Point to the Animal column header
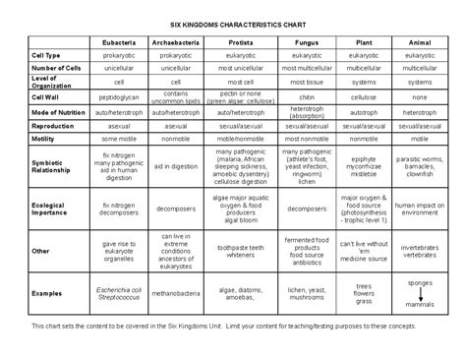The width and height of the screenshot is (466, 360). (x=420, y=44)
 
